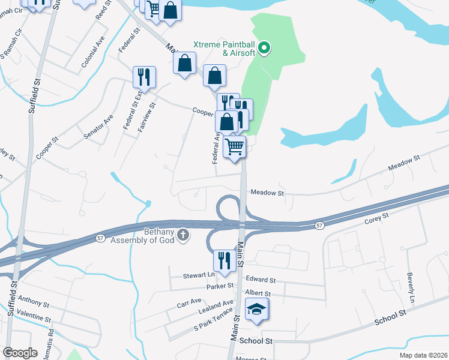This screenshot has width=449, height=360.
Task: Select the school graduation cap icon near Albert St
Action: tap(257, 310)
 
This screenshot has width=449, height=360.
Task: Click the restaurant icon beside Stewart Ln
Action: tap(223, 260)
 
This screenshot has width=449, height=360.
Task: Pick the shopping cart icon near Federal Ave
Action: tap(234, 146)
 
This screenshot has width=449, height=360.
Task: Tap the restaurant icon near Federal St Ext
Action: tap(144, 77)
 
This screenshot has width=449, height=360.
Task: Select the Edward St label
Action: tap(261, 280)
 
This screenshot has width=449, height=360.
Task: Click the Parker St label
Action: tap(219, 286)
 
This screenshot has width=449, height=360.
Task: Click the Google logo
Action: tap(20, 353)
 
